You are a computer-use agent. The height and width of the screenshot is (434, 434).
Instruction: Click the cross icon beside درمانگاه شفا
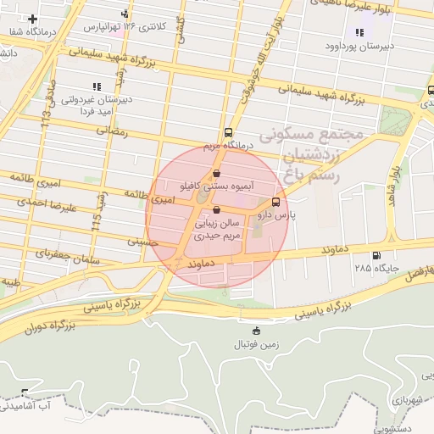click(33, 19)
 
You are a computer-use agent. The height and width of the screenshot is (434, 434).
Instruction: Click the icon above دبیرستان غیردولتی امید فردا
click(96, 86)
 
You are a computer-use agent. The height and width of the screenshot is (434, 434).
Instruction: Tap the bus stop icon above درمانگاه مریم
click(228, 132)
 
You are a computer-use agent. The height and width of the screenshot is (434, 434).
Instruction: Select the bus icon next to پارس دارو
click(275, 202)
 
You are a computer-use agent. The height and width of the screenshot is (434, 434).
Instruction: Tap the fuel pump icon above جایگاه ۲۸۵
click(376, 255)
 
